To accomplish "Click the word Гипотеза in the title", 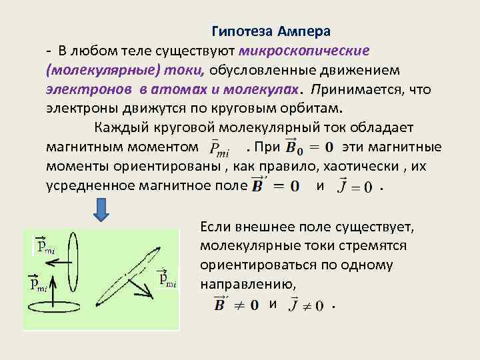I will click(243, 31).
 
